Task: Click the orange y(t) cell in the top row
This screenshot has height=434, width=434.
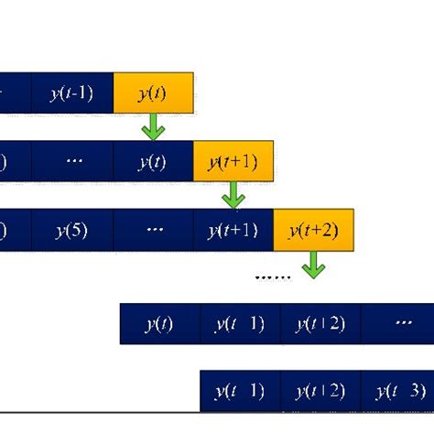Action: (x=153, y=92)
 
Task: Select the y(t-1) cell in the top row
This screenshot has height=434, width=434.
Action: (x=72, y=92)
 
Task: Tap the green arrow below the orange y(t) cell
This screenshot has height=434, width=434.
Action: (x=153, y=127)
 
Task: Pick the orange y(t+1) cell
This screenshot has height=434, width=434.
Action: (x=233, y=162)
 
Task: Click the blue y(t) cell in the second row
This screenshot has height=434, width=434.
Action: (x=153, y=162)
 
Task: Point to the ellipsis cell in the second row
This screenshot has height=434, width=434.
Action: (x=72, y=162)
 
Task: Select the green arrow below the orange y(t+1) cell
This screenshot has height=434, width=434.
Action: (x=233, y=195)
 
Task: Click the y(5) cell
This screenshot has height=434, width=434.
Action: (x=72, y=231)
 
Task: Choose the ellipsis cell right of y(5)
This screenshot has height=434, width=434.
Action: (x=153, y=231)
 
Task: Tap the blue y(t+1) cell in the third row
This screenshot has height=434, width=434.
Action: (x=233, y=231)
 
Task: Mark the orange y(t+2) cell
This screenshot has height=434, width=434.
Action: (x=313, y=231)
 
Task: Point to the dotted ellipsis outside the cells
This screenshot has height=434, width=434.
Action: (x=272, y=275)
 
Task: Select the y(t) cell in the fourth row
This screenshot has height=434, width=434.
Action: (x=160, y=324)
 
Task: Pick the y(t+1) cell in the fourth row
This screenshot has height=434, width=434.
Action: (x=240, y=324)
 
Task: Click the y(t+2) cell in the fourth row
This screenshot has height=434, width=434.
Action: (x=320, y=324)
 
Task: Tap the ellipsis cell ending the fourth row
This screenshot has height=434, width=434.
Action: (x=397, y=324)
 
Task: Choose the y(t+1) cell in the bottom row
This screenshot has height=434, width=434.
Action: (x=240, y=392)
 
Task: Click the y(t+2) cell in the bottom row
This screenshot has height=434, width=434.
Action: (x=320, y=392)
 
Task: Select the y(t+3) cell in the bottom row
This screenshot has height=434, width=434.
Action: (x=397, y=392)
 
